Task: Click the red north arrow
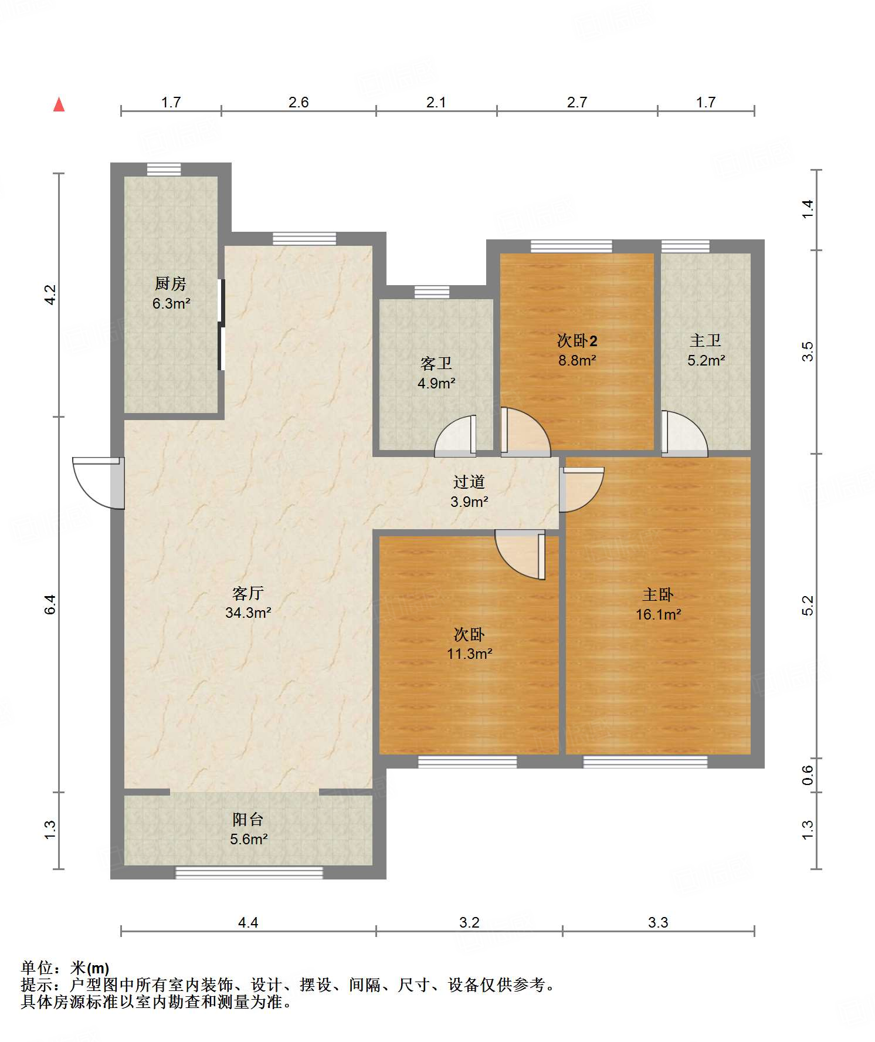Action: coord(59,104)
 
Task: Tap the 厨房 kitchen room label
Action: coord(171,284)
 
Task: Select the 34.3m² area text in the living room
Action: coord(248,613)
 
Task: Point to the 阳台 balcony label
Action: coord(248,820)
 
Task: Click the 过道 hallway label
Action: coord(469,482)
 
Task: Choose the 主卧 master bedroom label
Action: coord(658,595)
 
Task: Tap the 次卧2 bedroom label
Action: coord(577,341)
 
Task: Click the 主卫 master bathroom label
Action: coord(706,341)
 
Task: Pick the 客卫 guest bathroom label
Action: coord(436,364)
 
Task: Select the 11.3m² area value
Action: coord(469,654)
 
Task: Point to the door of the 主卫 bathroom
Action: coord(684,434)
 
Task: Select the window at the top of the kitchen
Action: coord(164,169)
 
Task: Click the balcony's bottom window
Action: coord(249,873)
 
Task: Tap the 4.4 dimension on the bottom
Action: coord(248,923)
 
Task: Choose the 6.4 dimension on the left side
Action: coord(50,604)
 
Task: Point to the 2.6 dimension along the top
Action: coord(299,103)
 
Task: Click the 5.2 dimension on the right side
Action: coord(808,605)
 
